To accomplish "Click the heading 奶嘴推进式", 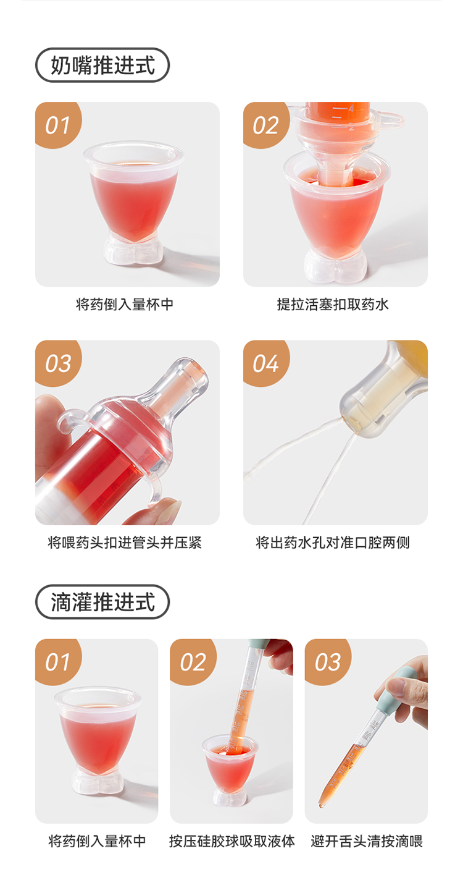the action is (103, 66).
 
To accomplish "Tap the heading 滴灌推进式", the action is (103, 602).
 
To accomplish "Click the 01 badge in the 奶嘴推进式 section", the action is (58, 125).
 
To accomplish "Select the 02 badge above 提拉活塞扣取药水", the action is (266, 125).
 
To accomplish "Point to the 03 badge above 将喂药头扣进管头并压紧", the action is (58, 363).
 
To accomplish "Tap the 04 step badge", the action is (266, 363).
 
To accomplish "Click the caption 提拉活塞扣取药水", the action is (333, 305).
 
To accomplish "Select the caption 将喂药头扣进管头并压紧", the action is (125, 543).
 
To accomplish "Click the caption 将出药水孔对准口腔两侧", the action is (333, 543).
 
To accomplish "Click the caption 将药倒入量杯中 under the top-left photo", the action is (125, 305).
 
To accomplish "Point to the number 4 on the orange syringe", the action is (351, 108).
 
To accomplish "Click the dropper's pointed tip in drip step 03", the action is (320, 805).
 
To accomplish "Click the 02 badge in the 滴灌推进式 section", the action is (193, 662).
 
